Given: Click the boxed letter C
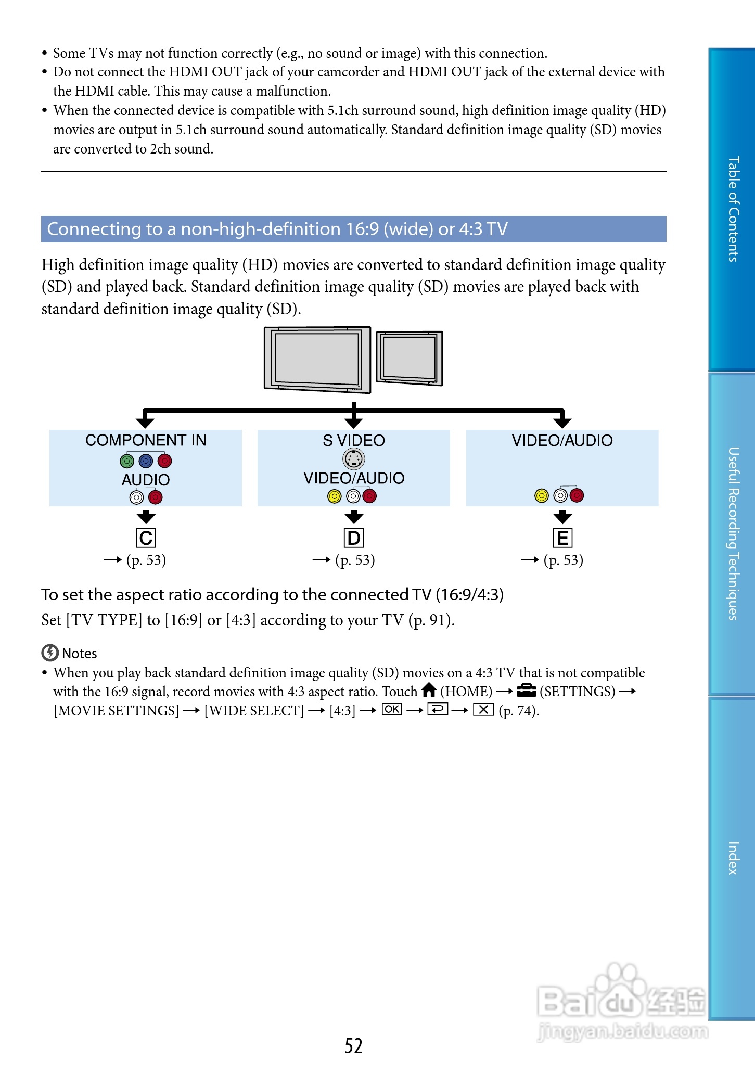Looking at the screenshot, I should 146,538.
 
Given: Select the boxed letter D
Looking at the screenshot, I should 354,538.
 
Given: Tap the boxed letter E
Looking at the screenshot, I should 562,538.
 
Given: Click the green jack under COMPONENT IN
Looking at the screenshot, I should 127,461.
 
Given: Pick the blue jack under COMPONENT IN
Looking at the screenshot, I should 146,461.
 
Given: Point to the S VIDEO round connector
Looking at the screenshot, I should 354,459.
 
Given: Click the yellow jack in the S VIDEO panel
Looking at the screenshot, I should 334,496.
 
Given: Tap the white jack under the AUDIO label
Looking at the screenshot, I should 136,498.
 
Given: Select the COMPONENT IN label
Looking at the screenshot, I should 146,440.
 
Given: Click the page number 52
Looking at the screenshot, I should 353,1046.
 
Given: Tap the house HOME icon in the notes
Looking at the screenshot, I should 429,691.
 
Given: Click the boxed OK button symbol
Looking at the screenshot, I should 392,709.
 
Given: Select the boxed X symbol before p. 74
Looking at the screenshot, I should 483,709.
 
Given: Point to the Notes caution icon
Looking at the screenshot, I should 50,653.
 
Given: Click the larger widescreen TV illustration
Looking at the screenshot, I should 317,359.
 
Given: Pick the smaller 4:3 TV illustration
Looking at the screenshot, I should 410,357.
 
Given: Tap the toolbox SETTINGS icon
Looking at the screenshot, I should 527,691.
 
